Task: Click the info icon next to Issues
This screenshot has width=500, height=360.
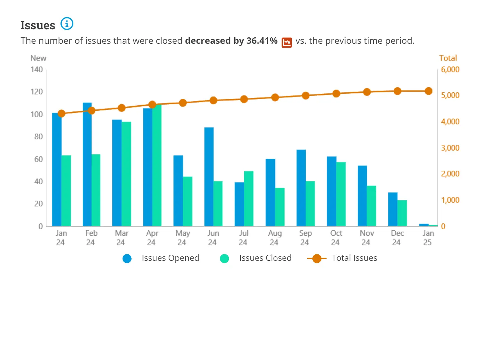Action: tap(67, 24)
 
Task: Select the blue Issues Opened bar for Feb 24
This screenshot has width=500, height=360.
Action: tap(87, 164)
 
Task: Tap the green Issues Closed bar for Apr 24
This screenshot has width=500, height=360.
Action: tap(157, 165)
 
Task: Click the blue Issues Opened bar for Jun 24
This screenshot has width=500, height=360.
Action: tap(209, 176)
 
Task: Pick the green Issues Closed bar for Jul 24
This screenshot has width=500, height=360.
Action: tap(248, 198)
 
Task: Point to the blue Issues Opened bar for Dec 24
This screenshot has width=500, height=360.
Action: tap(393, 209)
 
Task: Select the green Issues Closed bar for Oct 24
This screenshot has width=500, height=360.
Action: tap(341, 194)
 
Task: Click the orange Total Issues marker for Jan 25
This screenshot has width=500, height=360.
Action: tap(428, 91)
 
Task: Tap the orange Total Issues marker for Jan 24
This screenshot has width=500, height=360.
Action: tap(61, 113)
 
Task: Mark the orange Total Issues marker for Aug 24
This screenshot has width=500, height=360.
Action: tap(275, 97)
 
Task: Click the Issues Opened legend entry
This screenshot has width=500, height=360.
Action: tap(161, 258)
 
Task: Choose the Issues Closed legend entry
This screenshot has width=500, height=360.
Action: tap(256, 258)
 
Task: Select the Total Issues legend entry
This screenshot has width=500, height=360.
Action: tap(343, 258)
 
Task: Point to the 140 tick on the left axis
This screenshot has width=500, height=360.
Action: tap(37, 70)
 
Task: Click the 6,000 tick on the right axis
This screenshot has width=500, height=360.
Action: tap(450, 70)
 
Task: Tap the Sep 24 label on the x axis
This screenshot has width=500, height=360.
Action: tap(305, 238)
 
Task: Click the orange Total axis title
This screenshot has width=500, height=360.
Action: tap(448, 58)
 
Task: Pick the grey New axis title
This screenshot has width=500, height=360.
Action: tap(38, 58)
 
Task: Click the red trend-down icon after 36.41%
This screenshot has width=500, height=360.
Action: tap(286, 42)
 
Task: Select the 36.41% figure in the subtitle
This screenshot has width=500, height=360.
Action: tap(262, 41)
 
